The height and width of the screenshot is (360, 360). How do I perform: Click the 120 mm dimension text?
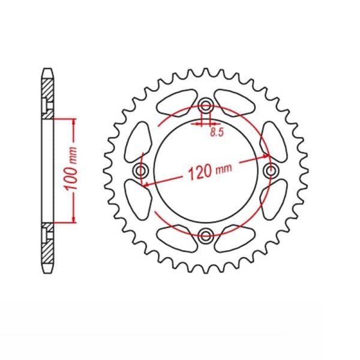(210, 171)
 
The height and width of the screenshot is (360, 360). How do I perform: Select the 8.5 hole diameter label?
(217, 132)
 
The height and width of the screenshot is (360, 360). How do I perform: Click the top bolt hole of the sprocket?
(205, 106)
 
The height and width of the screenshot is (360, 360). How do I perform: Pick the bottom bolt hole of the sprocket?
(205, 235)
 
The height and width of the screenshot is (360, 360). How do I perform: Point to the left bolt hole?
(141, 170)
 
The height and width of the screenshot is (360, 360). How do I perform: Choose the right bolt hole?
(270, 170)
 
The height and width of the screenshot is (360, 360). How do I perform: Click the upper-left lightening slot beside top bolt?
(178, 103)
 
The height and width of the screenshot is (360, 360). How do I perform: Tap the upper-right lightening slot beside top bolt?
(235, 103)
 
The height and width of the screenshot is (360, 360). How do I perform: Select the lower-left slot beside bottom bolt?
(178, 239)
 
